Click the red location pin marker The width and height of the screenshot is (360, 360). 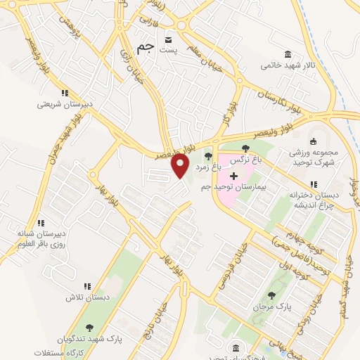[181, 165]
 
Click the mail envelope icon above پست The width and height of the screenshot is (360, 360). [168, 39]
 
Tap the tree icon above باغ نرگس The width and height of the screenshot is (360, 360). [245, 148]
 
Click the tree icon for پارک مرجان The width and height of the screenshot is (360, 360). [271, 296]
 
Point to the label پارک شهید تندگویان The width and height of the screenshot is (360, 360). [89, 338]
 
